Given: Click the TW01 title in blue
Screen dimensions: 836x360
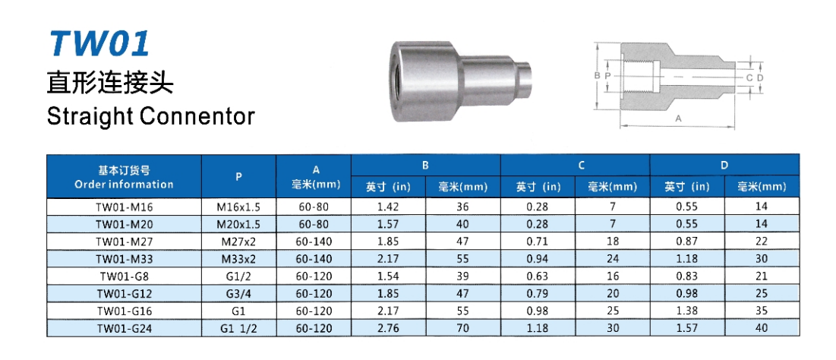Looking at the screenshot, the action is [x=99, y=44].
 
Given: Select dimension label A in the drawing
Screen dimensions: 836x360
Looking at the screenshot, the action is [x=678, y=119].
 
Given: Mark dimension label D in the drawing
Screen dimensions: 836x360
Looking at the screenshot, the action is [x=760, y=78].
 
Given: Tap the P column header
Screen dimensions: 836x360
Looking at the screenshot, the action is [x=239, y=175].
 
